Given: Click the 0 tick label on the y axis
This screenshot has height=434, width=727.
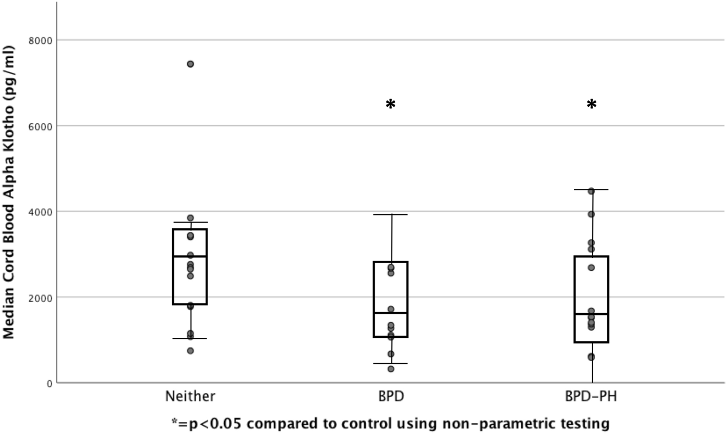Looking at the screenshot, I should pyautogui.click(x=49, y=384).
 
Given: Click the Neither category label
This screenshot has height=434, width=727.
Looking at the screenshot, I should pyautogui.click(x=190, y=397).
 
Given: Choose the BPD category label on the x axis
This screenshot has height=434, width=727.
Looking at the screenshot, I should pyautogui.click(x=391, y=397).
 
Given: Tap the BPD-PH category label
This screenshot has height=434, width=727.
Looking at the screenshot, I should pyautogui.click(x=591, y=397).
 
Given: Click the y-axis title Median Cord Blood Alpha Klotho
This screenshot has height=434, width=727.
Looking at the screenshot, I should pyautogui.click(x=9, y=192).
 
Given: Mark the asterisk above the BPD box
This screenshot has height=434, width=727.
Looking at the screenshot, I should pyautogui.click(x=390, y=104).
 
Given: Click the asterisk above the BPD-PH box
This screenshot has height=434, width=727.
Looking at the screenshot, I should pyautogui.click(x=591, y=104).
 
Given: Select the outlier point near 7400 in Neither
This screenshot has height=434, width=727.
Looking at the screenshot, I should pyautogui.click(x=191, y=64).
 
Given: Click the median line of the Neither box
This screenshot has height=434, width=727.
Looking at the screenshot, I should pyautogui.click(x=190, y=256).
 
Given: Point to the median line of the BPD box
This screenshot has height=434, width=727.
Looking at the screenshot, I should pyautogui.click(x=390, y=313).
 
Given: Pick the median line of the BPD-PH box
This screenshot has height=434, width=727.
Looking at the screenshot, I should pyautogui.click(x=591, y=314).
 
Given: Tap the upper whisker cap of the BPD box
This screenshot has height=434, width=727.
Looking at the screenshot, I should pyautogui.click(x=390, y=215).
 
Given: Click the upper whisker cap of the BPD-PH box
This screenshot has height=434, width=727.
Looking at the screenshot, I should pyautogui.click(x=591, y=190).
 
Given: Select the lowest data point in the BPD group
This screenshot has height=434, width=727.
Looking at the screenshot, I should pyautogui.click(x=391, y=369).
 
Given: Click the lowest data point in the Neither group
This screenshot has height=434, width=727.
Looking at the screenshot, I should pyautogui.click(x=191, y=351).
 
